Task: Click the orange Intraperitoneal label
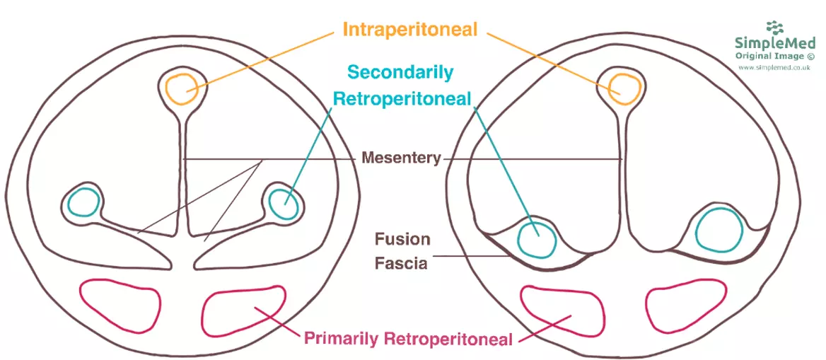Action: coord(410,30)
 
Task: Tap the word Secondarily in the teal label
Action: coord(400,72)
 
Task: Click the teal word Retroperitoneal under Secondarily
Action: coord(402,99)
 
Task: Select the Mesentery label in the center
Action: coord(401,157)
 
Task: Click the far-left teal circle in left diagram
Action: coord(83,203)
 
